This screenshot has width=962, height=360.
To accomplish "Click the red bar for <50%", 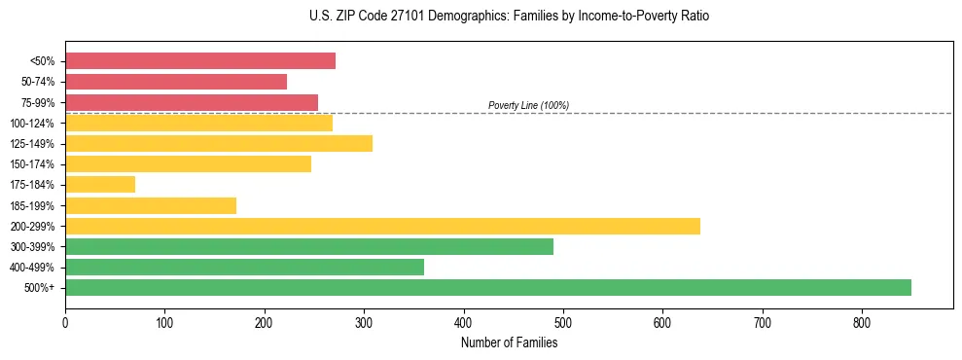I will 200,61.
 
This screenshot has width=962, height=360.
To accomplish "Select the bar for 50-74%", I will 176,82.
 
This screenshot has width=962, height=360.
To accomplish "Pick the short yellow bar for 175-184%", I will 100,185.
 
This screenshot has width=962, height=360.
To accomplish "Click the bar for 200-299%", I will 382,227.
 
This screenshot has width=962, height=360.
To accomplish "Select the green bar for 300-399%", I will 309,247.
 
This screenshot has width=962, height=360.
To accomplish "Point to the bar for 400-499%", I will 244,268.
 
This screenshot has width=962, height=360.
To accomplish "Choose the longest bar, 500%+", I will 488,288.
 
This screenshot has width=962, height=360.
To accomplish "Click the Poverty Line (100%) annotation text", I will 528,105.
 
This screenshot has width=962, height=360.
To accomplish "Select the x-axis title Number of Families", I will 509,342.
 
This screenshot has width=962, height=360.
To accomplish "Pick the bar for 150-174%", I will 189,164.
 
